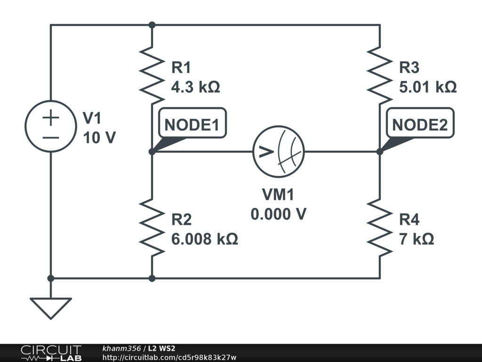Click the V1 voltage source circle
coord(50,126)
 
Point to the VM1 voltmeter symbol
coord(279,152)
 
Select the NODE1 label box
coord(192,124)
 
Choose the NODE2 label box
coord(419,124)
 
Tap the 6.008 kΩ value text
coord(204,239)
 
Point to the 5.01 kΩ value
coord(427,87)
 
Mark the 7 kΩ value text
coord(416,239)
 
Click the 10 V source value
coord(99,138)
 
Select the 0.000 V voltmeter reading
coord(279,214)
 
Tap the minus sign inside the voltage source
coord(50,138)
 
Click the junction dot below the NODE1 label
coord(152,152)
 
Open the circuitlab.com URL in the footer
coord(169,357)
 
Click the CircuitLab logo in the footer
coord(50,353)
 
